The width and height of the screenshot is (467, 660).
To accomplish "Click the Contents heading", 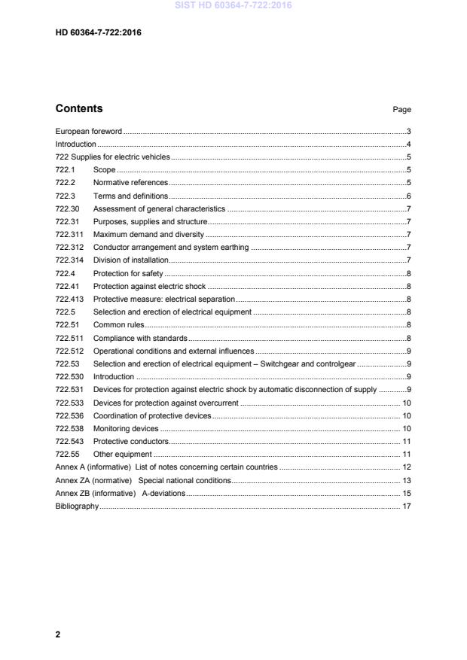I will pos(79,108).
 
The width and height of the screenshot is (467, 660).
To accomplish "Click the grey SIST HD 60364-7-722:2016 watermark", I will pos(233,5).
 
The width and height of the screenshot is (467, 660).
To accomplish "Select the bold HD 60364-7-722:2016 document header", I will pos(98,33).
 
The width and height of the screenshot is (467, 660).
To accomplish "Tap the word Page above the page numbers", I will pos(401,110).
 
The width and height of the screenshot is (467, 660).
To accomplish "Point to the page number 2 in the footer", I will pos(58,634).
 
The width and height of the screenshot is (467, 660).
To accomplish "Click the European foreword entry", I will pos(88,131).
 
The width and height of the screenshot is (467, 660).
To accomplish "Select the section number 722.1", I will pos(65,170).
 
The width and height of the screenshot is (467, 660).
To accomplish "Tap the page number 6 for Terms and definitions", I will pos(407,196).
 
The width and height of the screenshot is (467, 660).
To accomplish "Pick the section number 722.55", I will pos(67,455).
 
